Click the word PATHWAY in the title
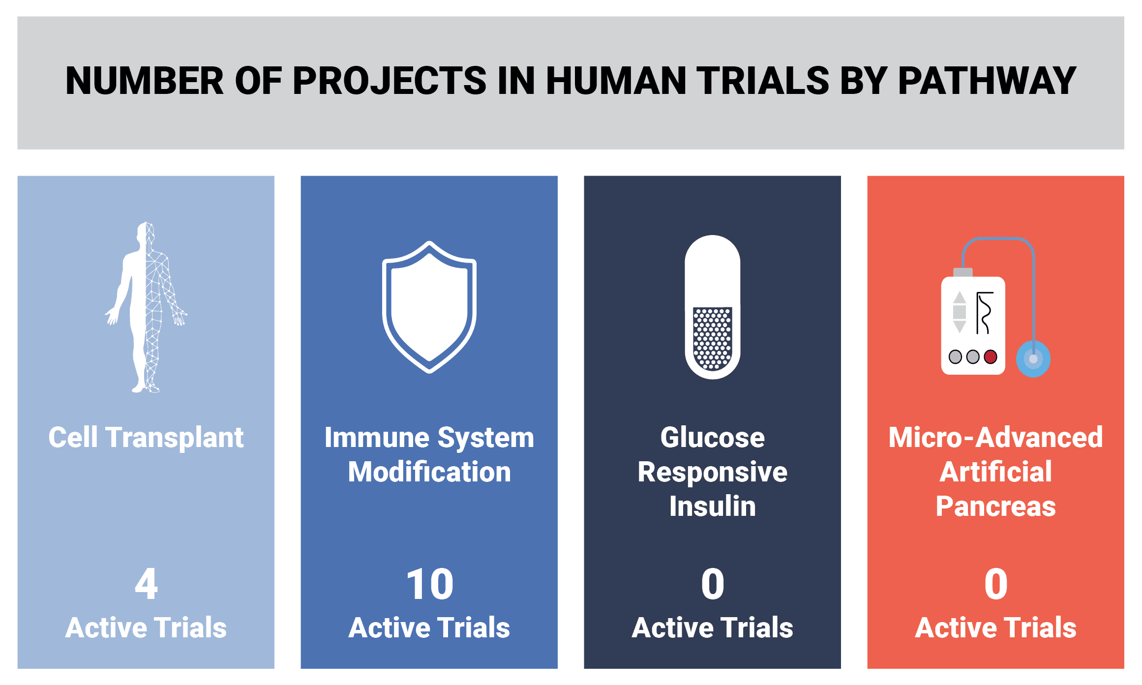click(987, 81)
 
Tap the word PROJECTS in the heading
click(390, 81)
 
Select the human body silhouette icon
click(146, 307)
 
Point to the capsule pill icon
click(713, 307)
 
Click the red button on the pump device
click(991, 357)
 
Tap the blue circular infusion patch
click(1033, 359)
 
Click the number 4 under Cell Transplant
click(146, 584)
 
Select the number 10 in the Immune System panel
click(430, 584)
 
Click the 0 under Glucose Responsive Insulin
click(713, 584)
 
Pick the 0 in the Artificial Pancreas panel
click(996, 584)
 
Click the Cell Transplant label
click(146, 438)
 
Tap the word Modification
click(429, 472)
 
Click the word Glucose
click(713, 438)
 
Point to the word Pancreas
click(996, 506)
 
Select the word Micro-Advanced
click(996, 438)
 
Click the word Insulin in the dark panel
click(713, 506)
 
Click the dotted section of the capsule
click(713, 338)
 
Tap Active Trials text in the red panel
click(996, 628)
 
